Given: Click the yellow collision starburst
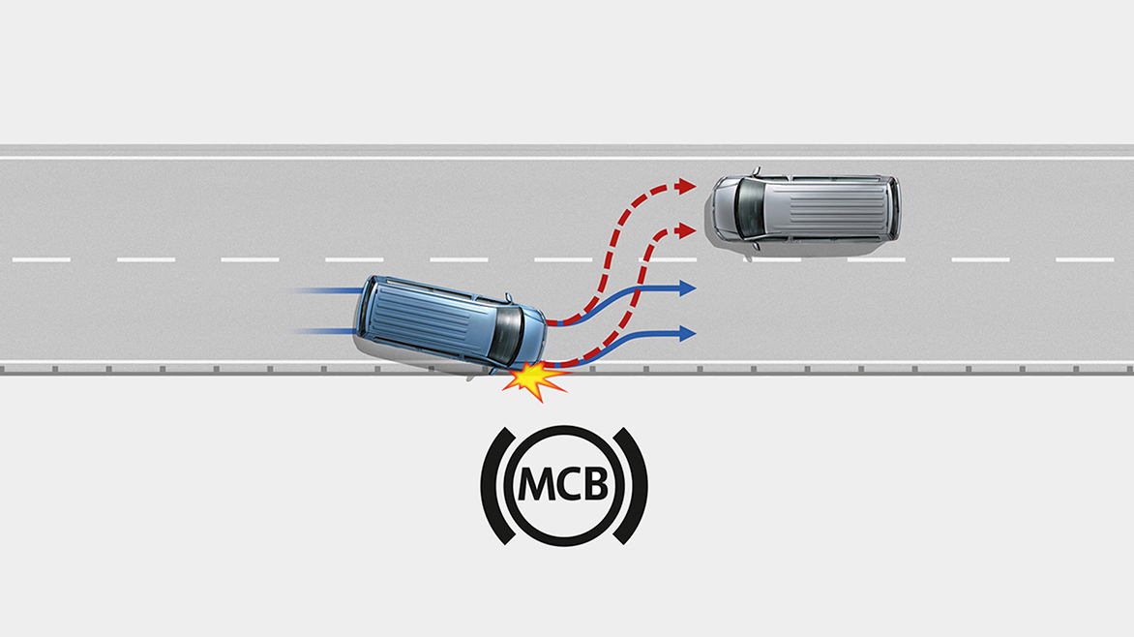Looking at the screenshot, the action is click(534, 380).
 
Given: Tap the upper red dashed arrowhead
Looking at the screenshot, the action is click(686, 187).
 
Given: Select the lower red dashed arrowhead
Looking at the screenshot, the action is click(686, 231).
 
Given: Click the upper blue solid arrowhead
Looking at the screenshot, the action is click(687, 288).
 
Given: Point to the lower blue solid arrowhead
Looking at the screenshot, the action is click(687, 334).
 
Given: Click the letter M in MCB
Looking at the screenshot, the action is click(538, 484).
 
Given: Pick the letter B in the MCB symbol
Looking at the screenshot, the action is click(596, 484).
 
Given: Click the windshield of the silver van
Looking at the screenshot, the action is click(750, 207).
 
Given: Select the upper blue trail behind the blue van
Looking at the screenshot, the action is click(328, 290).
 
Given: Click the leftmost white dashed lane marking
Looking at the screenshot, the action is click(42, 259).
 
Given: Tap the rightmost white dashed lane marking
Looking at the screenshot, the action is click(1085, 259).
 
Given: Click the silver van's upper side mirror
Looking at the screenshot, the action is click(757, 172).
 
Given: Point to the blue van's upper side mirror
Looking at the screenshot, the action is click(509, 297).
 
